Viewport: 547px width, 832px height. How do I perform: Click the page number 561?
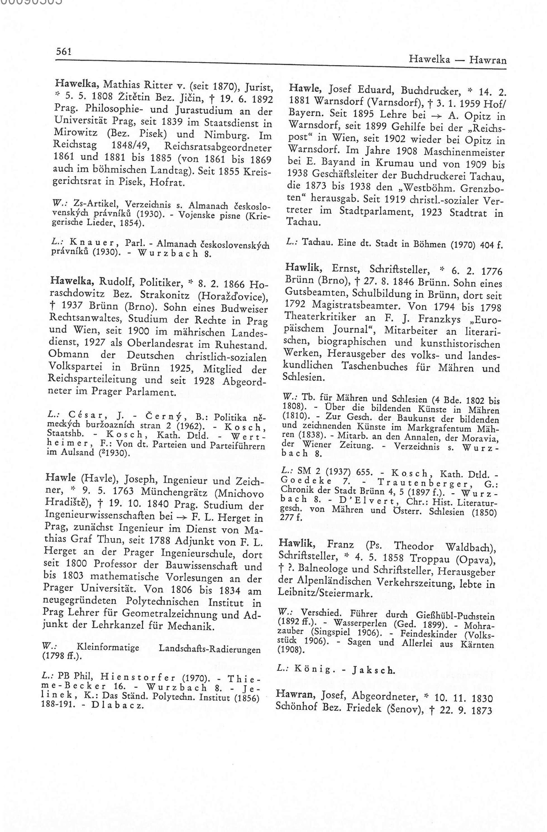click(x=64, y=51)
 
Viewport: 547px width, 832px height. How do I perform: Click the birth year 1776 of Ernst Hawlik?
click(x=489, y=271)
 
